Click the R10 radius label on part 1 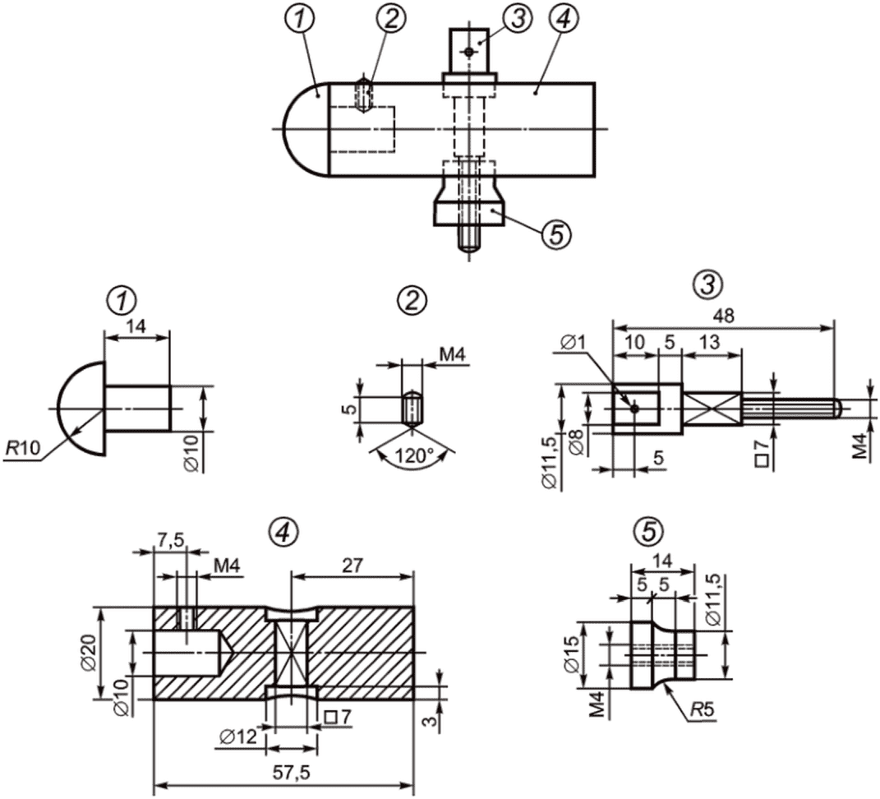pyautogui.click(x=22, y=447)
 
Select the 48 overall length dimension pyautogui.click(x=723, y=316)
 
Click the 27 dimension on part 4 pyautogui.click(x=352, y=565)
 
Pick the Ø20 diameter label pyautogui.click(x=88, y=654)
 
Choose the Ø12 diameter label pyautogui.click(x=238, y=736)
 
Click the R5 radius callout pyautogui.click(x=702, y=709)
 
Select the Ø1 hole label pyautogui.click(x=573, y=341)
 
